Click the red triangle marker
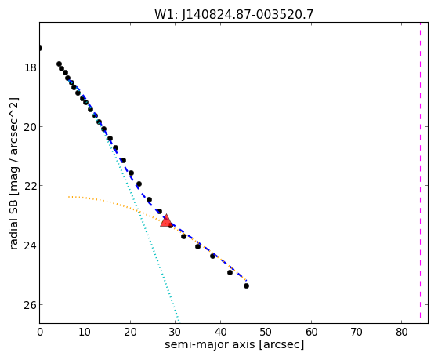tap(166, 220)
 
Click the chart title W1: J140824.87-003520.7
tap(233, 15)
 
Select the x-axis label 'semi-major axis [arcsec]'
tap(234, 344)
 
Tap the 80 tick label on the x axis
tap(402, 332)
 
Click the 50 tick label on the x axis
tap(266, 332)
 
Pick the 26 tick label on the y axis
tap(30, 305)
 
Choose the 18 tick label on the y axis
tap(30, 67)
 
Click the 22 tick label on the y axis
tap(30, 186)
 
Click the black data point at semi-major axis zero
tap(40, 49)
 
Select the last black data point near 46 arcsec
tap(246, 285)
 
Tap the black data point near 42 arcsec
tap(230, 272)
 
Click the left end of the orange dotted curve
tap(68, 197)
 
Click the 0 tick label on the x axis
tap(40, 332)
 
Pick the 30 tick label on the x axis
tap(176, 332)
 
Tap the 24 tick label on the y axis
tap(30, 245)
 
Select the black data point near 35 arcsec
tap(197, 247)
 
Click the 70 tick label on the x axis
tap(357, 332)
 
